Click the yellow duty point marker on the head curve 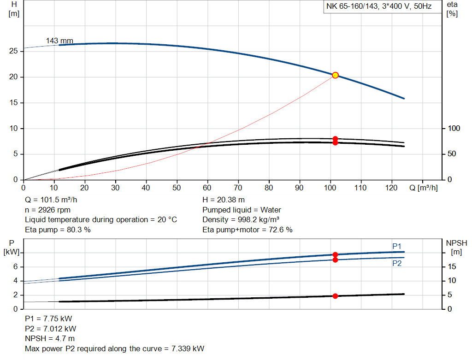pos(335,75)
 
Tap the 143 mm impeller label pos(59,41)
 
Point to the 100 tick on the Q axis pos(330,188)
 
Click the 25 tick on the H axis pos(13,51)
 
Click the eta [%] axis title pos(452,9)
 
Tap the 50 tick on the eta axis pos(451,154)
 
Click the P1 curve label pos(397,246)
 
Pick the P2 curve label pos(397,263)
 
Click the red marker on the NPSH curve pos(335,296)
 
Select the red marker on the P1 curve pos(335,254)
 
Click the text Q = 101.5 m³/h pos(52,200)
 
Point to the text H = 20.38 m pos(224,200)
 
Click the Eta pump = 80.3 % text pos(58,230)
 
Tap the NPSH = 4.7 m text pos(50,338)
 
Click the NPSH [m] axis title pos(456,247)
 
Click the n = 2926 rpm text pos(47,210)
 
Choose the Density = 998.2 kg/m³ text pos(241,219)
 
